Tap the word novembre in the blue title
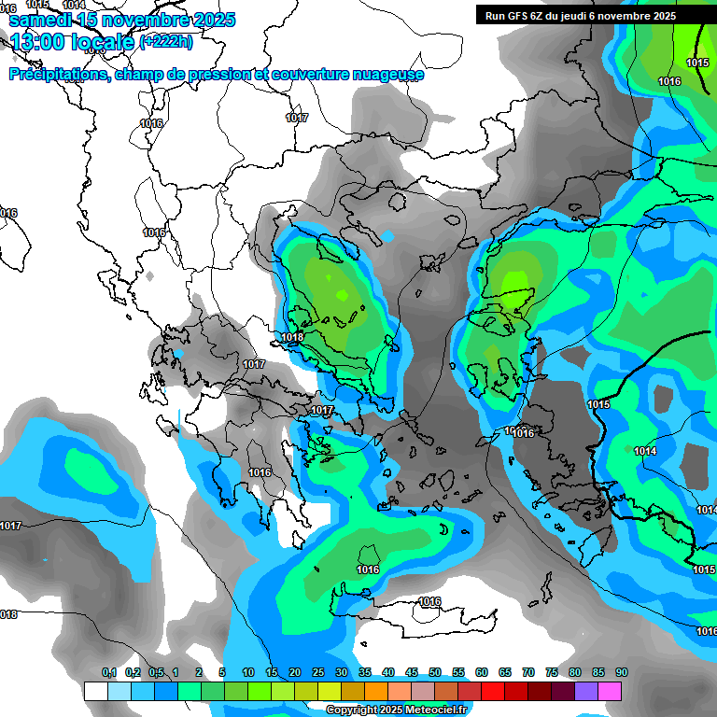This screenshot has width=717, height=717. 137,20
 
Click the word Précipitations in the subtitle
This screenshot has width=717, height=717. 57,75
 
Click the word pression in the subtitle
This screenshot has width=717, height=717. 222,75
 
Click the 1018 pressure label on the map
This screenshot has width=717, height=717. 291,337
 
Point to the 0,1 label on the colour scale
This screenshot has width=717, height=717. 109,673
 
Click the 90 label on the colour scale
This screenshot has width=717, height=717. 621,673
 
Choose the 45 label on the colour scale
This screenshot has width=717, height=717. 412,673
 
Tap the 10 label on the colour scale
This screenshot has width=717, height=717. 248,673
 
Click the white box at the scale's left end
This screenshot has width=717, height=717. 95,691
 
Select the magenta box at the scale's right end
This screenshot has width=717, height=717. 610,691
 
